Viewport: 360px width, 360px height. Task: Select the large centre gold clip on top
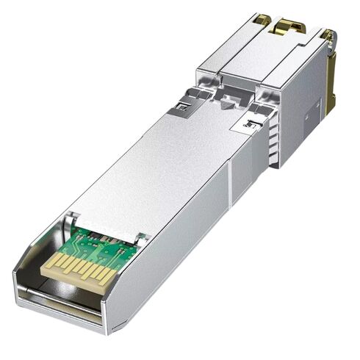pyautogui.click(x=287, y=26)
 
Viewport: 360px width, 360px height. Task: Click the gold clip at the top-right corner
pyautogui.click(x=328, y=35)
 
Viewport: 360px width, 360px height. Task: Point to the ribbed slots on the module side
pyautogui.click(x=273, y=136)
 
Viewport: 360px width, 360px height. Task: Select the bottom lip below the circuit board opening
pyautogui.click(x=59, y=301)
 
